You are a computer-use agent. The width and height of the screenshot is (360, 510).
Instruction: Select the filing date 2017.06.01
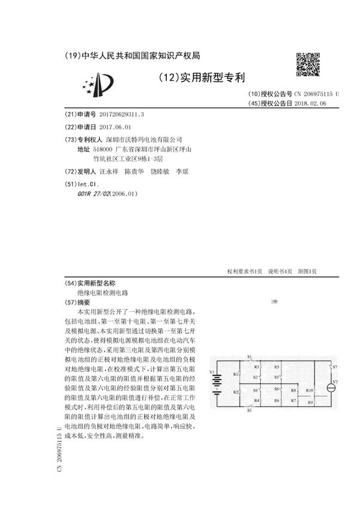coord(114,127)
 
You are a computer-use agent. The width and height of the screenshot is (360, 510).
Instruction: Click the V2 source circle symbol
coord(329,388)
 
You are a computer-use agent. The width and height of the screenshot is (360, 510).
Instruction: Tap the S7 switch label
coord(335,366)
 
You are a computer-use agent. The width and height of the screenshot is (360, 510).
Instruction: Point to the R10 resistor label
coord(310,391)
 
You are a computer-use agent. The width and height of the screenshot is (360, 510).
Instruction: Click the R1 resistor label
coord(235,374)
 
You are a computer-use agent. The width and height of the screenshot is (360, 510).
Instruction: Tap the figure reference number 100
coord(274,301)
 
